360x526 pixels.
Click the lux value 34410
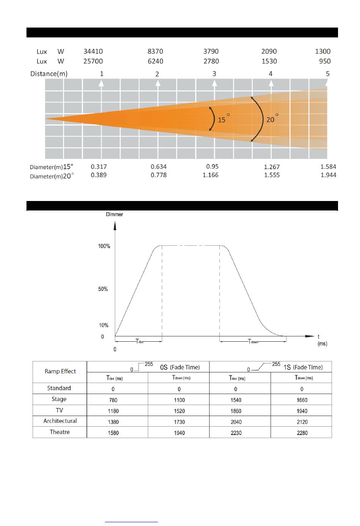coord(93,51)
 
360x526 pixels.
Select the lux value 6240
coord(155,61)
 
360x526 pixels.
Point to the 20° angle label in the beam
coord(272,119)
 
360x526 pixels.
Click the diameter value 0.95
coord(212,166)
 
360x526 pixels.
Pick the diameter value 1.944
coord(328,175)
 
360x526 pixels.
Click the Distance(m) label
coord(49,74)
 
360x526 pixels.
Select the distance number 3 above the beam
coord(214,74)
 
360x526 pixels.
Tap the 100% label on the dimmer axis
coord(104,246)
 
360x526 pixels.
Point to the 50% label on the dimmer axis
coord(103,289)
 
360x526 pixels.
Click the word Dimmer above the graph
coord(114,214)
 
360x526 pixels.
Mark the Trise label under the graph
coord(140,341)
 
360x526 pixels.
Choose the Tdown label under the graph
coord(253,341)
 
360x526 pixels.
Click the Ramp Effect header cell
coord(60,371)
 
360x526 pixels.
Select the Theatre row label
coord(59,432)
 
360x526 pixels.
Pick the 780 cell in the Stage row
coord(113,400)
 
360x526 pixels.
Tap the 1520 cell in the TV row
coord(179,411)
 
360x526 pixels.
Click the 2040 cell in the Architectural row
coord(236,422)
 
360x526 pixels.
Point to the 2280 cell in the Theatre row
coord(302,433)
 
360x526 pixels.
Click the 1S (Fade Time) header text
coord(303,367)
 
